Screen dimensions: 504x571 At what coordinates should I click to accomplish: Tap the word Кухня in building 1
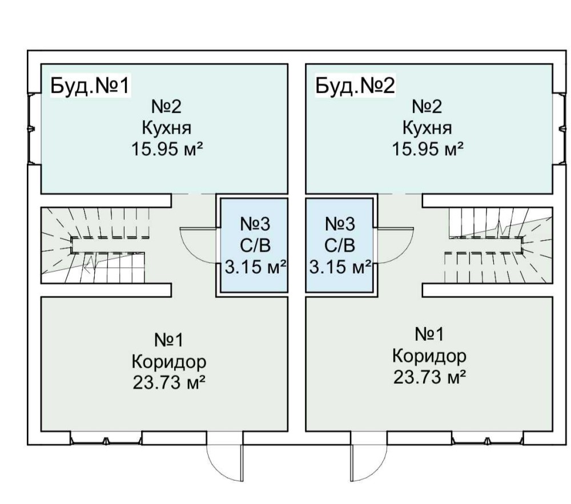167,128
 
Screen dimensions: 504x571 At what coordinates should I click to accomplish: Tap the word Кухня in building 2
427,128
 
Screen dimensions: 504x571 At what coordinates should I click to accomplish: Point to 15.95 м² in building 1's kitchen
167,150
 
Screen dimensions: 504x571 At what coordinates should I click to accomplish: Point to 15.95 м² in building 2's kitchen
427,150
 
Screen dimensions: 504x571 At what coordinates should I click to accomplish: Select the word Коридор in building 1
168,362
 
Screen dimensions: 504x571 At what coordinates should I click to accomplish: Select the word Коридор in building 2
429,356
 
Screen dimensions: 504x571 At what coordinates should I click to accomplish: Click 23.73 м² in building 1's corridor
168,382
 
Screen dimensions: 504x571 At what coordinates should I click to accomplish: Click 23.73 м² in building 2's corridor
429,377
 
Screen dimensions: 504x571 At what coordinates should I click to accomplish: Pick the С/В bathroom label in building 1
254,245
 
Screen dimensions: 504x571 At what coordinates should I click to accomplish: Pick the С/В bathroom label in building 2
340,245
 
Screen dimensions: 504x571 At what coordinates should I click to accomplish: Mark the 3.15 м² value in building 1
254,267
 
